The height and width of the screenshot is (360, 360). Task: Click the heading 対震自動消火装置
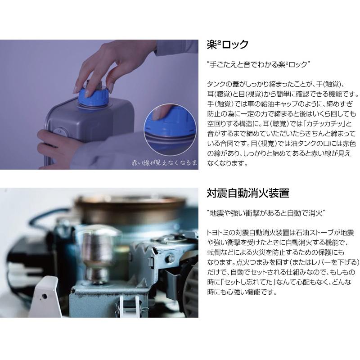(x=247, y=193)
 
